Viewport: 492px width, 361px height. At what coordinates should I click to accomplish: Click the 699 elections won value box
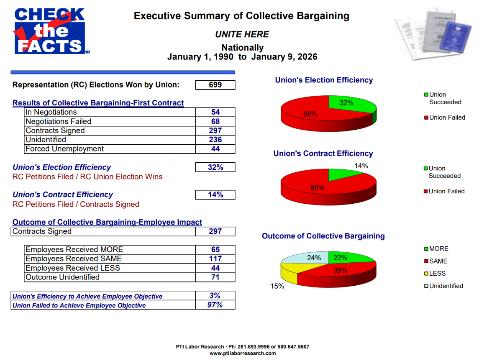[215, 85]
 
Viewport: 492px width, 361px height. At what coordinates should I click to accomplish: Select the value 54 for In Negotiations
[215, 112]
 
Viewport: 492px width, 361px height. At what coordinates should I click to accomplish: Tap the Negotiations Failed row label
[58, 121]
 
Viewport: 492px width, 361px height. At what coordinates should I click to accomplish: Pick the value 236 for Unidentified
[215, 140]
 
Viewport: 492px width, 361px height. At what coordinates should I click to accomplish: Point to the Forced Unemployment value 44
[215, 149]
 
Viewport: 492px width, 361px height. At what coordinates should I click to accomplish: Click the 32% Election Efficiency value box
[215, 167]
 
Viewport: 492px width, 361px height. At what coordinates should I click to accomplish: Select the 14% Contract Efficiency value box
[215, 195]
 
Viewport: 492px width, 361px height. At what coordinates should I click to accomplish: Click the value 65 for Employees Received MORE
[215, 250]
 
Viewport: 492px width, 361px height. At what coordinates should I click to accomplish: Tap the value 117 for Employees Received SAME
[215, 259]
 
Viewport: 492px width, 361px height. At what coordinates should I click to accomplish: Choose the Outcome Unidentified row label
[62, 277]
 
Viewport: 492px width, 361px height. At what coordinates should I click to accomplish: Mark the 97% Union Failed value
[215, 305]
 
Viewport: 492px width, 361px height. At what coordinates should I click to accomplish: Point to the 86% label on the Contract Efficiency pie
[317, 188]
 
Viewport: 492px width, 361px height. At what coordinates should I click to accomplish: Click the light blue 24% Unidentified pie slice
[307, 259]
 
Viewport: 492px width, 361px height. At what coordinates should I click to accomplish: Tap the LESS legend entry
[438, 274]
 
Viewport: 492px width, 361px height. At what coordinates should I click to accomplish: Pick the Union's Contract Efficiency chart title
[323, 154]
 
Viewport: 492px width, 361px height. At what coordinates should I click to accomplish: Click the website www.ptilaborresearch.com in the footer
[243, 353]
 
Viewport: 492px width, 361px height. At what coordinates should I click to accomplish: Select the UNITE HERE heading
[242, 34]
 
